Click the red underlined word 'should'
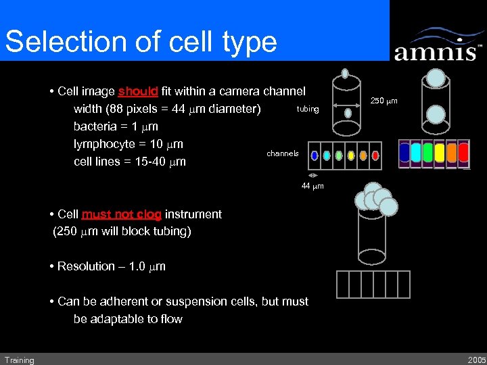tap(138, 91)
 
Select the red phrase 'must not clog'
tap(122, 214)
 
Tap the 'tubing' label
tap(308, 109)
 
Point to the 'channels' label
tap(283, 153)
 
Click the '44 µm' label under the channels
tap(312, 186)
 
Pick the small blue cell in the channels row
tap(315, 155)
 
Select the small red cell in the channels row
tap(375, 155)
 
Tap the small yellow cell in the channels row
tap(351, 155)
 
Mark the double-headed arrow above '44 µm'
tap(312, 176)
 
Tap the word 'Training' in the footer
tap(19, 360)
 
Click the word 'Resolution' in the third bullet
tap(86, 266)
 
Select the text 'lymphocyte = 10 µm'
tap(129, 144)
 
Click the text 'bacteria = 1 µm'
tap(116, 126)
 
